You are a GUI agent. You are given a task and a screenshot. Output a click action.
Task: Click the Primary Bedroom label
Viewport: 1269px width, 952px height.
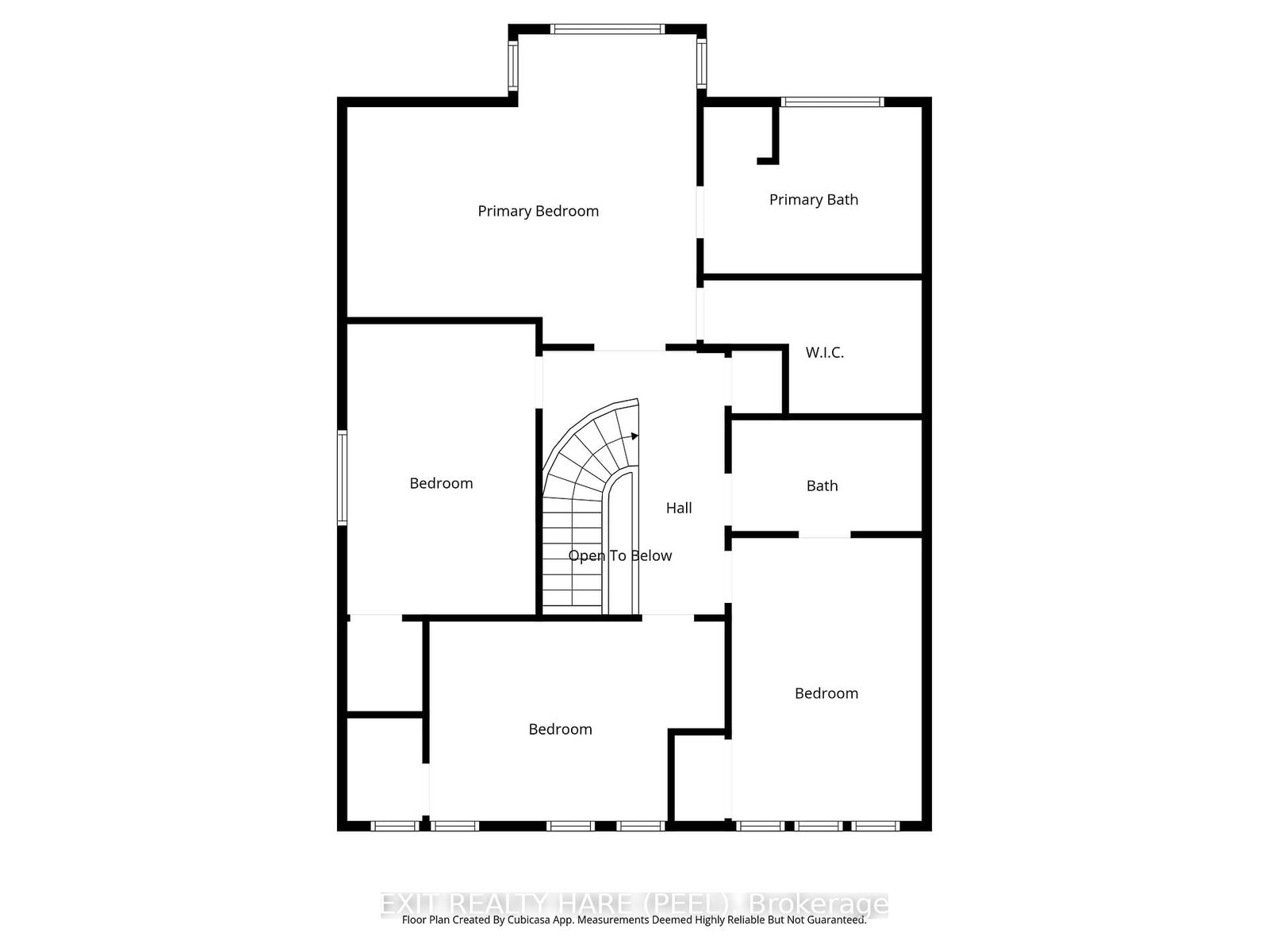tap(538, 211)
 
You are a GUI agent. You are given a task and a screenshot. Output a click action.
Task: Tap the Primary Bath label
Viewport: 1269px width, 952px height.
tap(813, 200)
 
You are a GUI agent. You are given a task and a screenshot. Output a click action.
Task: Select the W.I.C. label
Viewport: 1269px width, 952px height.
tap(824, 352)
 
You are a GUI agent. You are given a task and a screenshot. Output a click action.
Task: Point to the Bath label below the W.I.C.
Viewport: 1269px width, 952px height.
tap(822, 486)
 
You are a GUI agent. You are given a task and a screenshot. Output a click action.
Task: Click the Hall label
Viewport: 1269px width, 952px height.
tap(678, 508)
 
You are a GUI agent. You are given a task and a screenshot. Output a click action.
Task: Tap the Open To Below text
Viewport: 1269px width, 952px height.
tap(619, 555)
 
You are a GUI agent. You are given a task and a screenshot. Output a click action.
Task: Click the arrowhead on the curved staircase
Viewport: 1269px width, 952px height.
tap(634, 436)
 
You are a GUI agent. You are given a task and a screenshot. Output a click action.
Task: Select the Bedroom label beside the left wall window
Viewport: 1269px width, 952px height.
tap(441, 483)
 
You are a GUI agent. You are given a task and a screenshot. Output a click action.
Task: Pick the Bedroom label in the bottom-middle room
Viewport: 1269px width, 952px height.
tap(560, 729)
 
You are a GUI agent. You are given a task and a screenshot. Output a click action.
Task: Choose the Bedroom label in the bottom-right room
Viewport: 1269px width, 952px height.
tap(826, 693)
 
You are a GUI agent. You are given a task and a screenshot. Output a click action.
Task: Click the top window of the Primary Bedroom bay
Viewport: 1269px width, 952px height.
tap(608, 29)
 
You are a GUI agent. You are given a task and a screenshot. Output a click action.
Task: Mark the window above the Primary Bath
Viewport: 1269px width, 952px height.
tap(831, 102)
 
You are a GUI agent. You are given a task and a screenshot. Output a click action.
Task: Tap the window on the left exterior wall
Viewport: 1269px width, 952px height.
tap(343, 478)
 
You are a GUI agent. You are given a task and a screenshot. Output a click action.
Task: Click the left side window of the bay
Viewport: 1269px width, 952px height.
tap(513, 65)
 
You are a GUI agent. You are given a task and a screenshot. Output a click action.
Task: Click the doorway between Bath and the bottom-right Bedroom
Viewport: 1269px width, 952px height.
tap(824, 535)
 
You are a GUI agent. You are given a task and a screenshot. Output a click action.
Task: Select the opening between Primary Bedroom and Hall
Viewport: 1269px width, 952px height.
tap(629, 348)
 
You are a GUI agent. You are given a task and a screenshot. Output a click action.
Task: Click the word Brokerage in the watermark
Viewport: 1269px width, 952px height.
tap(819, 904)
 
